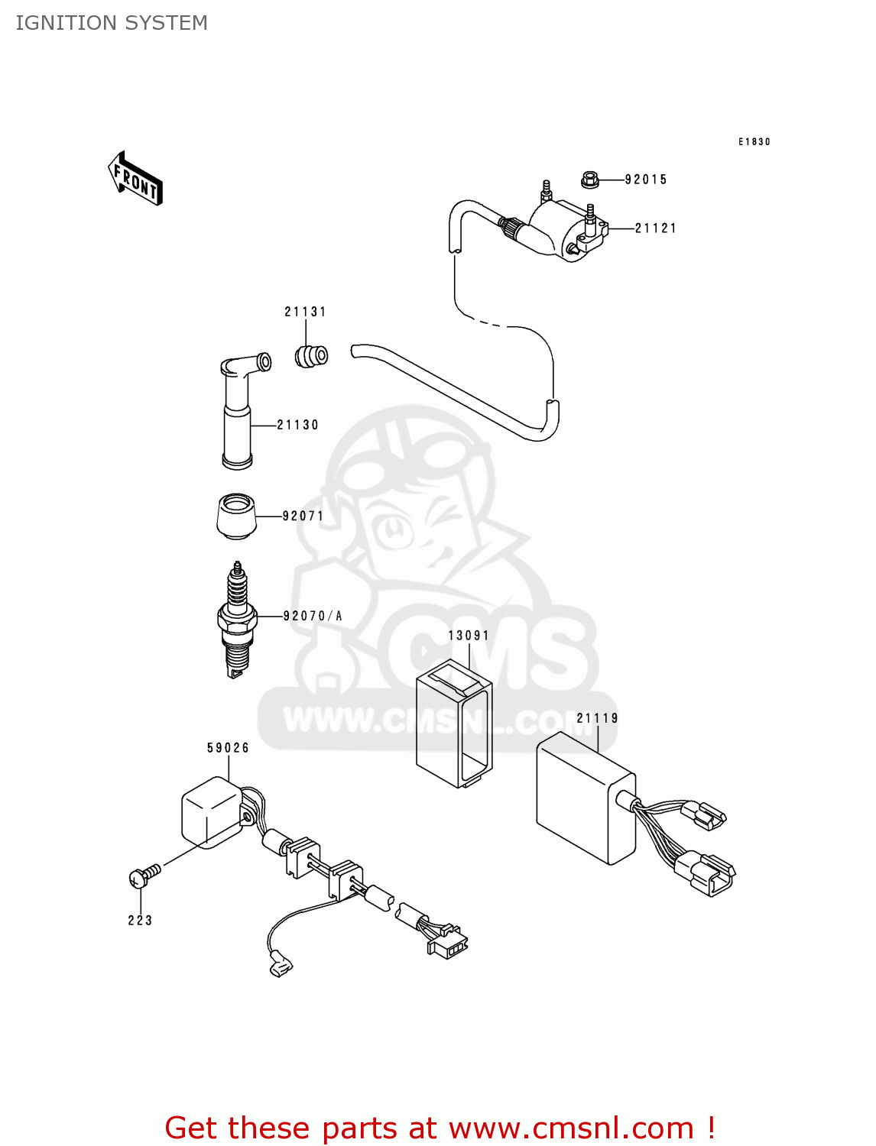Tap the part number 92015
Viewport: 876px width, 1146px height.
[646, 180]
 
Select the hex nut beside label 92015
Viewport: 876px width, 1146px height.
[589, 180]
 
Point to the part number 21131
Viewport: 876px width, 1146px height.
[306, 312]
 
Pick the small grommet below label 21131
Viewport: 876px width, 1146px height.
[311, 356]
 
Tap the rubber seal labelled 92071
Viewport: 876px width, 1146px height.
[235, 516]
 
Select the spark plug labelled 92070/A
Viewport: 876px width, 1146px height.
[237, 619]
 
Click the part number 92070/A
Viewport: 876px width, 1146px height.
[313, 616]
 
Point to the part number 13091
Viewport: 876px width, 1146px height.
[469, 636]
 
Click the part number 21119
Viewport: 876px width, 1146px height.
[597, 718]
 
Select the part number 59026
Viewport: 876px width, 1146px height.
[229, 748]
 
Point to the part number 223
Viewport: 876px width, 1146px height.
[141, 921]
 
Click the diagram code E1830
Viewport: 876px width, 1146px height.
[754, 142]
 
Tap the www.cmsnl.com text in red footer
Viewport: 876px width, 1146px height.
[571, 1128]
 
